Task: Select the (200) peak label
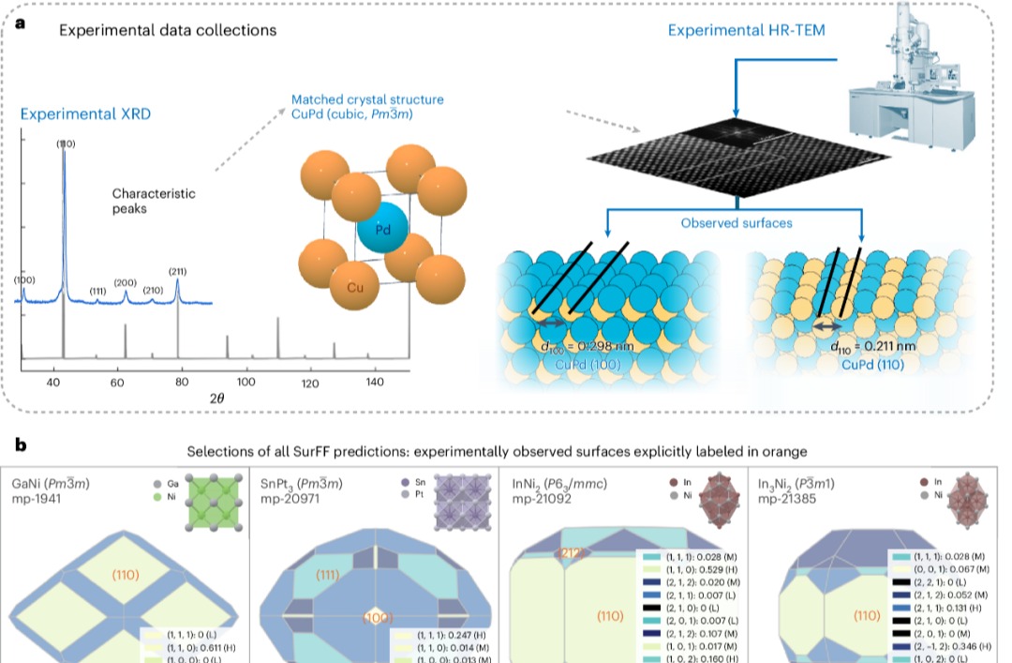coord(125,282)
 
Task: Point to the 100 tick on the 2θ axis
coord(246,383)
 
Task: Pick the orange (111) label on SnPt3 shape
coord(328,575)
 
